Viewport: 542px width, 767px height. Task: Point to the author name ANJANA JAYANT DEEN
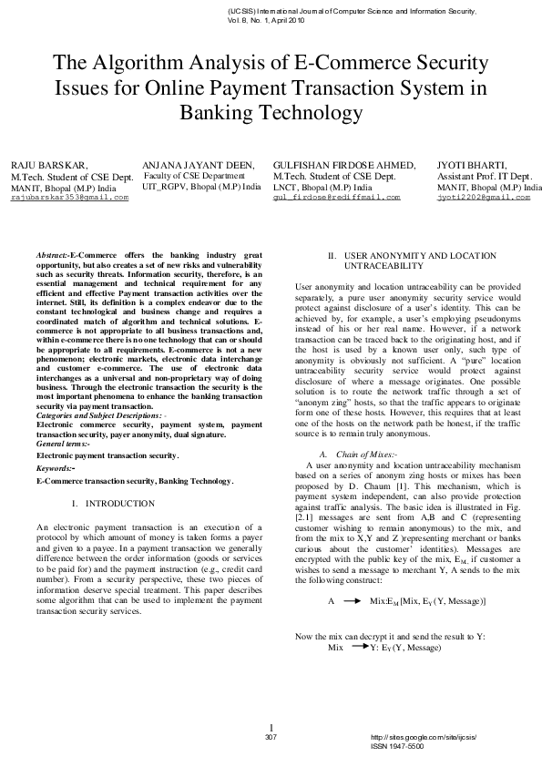coord(195,164)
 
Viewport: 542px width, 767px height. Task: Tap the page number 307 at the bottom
coord(271,736)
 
